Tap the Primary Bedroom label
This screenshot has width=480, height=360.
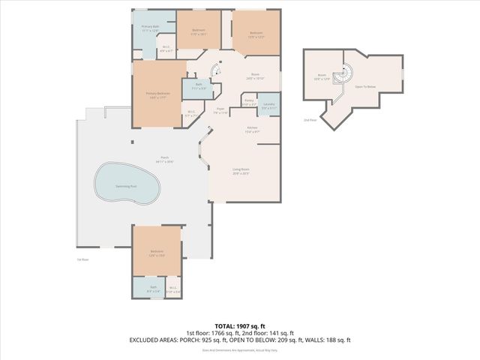pos(157,94)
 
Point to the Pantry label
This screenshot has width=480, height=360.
pos(250,102)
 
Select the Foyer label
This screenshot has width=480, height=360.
pos(220,110)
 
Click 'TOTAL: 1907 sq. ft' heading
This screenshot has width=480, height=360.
pos(240,325)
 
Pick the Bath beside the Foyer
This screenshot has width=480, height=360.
pos(199,86)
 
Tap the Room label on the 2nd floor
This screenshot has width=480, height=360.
pos(322,76)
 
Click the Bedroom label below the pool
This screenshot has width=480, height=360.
pos(157,253)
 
